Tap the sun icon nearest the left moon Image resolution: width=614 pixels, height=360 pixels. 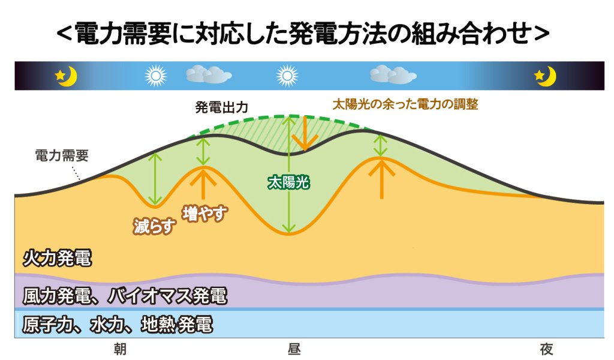[x=155, y=76]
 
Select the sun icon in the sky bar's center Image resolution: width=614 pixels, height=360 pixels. [x=287, y=76]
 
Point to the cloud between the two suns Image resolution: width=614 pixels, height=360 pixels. [x=209, y=74]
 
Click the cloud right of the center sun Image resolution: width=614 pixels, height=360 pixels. [x=393, y=74]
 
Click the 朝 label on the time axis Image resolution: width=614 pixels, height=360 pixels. [x=120, y=349]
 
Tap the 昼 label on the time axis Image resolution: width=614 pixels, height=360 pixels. [x=294, y=349]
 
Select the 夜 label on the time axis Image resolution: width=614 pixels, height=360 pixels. [x=546, y=349]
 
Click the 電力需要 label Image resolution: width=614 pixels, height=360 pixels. [x=62, y=155]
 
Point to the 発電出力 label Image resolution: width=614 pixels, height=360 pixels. [x=222, y=107]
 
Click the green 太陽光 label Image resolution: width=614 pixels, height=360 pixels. [x=288, y=182]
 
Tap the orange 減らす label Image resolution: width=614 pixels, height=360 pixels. [x=154, y=226]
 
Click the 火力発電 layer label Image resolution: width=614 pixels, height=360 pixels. [x=57, y=258]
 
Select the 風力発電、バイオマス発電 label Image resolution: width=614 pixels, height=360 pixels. [x=125, y=296]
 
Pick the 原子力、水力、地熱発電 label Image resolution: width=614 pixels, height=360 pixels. [x=118, y=325]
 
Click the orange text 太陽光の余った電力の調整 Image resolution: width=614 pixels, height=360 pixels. [x=405, y=104]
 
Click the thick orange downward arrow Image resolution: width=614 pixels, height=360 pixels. [x=305, y=134]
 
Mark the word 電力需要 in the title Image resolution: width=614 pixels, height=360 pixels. [x=124, y=34]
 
